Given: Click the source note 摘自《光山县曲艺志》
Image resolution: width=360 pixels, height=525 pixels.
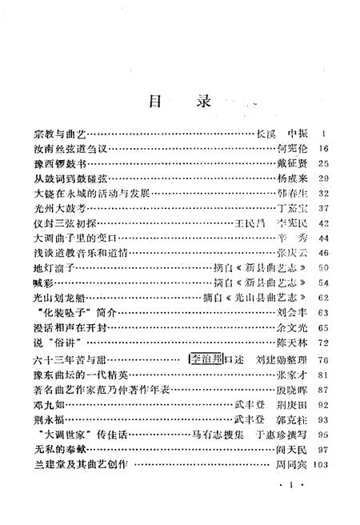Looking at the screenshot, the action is [246, 298].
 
